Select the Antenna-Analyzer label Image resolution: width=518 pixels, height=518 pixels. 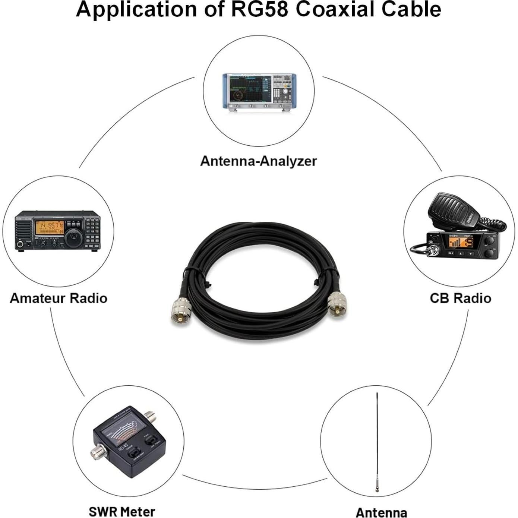pos(258,161)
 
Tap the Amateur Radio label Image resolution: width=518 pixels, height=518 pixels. pos(59,298)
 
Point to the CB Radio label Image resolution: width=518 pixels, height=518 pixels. pos(460,298)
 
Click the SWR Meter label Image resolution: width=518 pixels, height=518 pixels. pos(122,511)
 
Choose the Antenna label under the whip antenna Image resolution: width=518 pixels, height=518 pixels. pos(381,512)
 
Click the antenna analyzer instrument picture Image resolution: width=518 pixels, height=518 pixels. pos(259,91)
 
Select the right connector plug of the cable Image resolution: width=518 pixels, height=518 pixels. pos(337,303)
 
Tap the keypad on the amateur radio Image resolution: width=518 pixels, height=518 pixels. pos(92,233)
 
